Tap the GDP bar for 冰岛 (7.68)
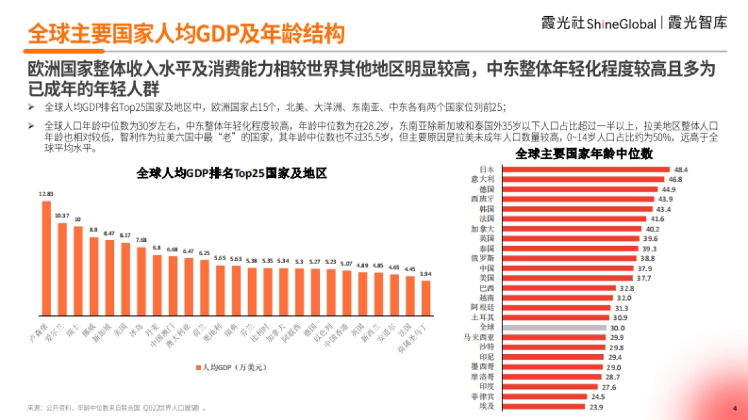coord(141,281)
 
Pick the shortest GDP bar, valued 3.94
coord(426,298)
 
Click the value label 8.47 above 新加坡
coord(110,233)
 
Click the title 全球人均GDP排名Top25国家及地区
coord(232,174)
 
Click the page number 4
coord(734,408)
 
